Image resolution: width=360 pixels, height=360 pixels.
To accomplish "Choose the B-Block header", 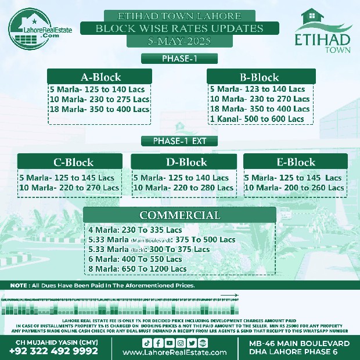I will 259,77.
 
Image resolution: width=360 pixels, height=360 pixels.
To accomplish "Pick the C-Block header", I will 73,162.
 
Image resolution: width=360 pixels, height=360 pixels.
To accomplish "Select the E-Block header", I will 296,162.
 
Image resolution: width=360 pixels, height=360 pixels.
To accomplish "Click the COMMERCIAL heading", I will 179,215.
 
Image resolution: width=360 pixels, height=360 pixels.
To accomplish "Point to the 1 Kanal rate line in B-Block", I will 257,118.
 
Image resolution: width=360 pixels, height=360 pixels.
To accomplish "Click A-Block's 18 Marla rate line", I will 99,109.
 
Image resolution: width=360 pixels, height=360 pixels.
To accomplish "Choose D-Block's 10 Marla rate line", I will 183,188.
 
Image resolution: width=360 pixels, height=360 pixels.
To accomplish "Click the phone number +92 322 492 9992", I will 53,351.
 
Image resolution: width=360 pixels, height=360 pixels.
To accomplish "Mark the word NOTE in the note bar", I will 20,286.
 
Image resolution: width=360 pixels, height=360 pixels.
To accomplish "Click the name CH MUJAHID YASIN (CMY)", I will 53,342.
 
